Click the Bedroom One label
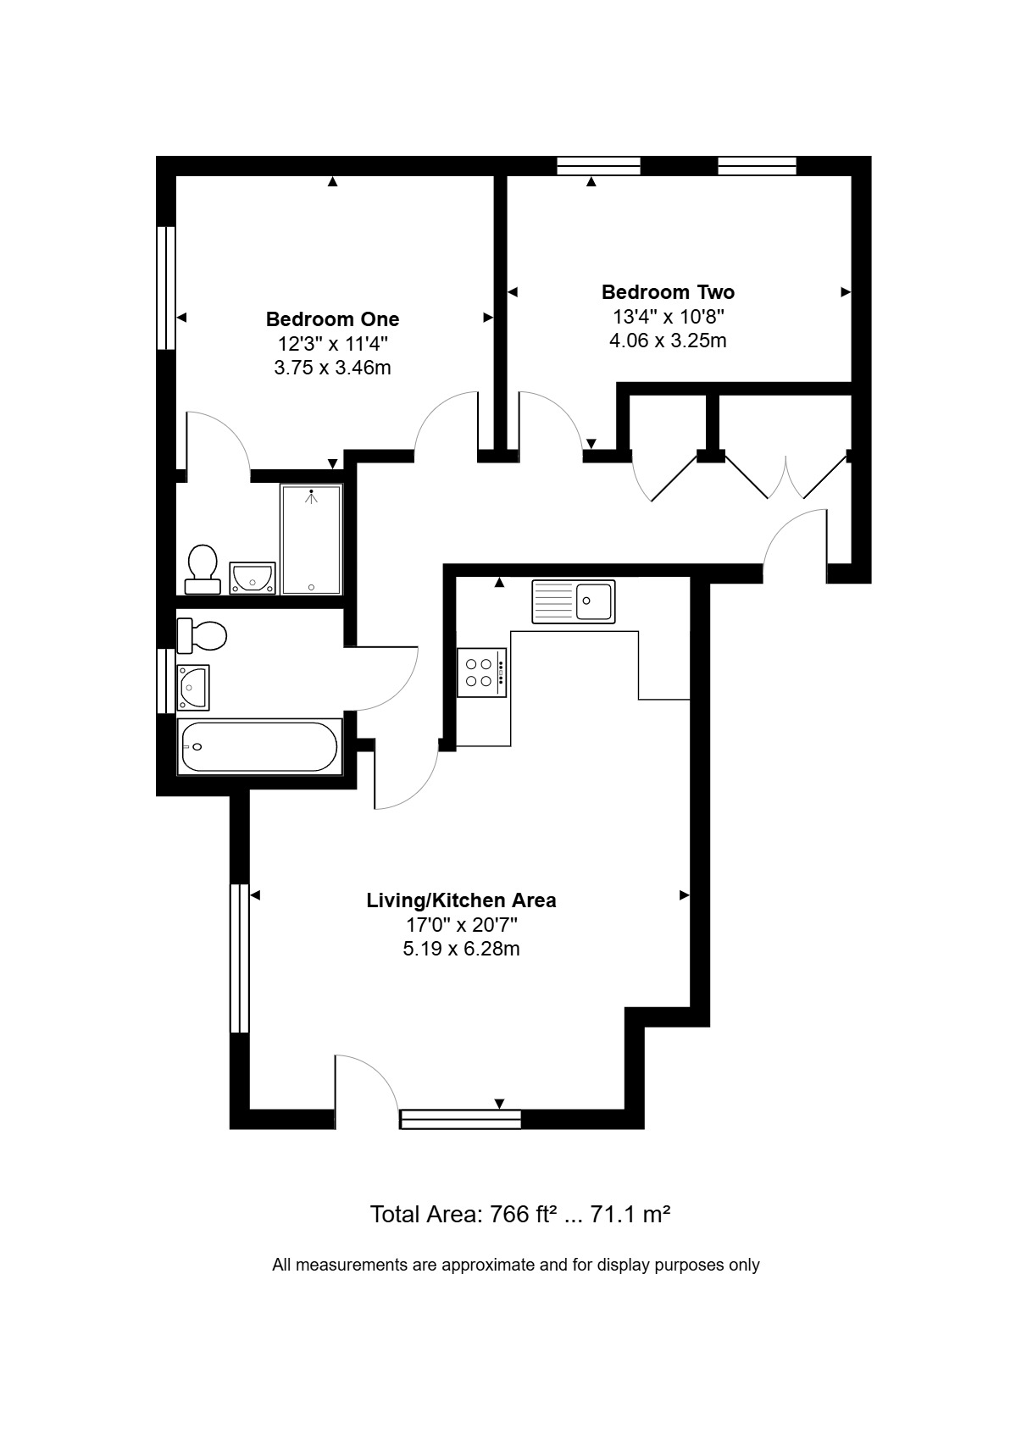332,318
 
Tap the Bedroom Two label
668,292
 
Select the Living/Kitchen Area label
461,900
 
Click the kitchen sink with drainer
573,601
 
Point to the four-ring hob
481,673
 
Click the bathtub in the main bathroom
259,746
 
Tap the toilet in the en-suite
203,569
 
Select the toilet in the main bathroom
202,635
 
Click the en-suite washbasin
253,578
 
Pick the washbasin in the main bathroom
193,687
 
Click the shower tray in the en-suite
311,540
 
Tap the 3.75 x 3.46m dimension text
332,368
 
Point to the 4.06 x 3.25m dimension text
668,340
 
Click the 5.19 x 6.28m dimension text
461,949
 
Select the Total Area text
520,1214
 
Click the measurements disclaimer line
516,1265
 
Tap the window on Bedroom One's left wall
166,287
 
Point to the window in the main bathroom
166,680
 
